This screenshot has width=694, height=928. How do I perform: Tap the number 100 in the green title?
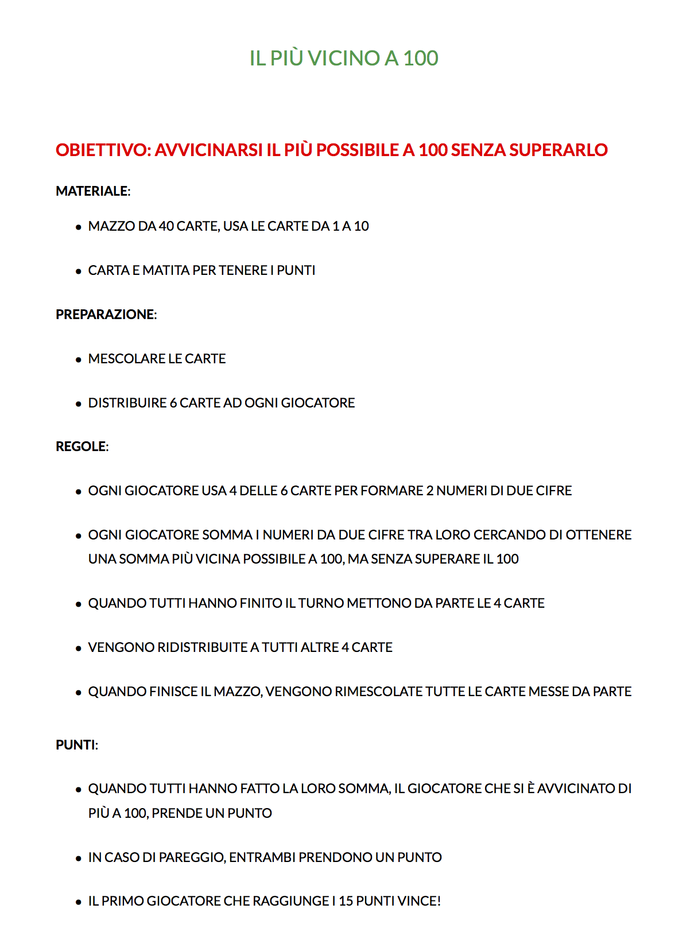(x=421, y=58)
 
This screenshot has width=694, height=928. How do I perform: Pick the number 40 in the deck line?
(x=166, y=226)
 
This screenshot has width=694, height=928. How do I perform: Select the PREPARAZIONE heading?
(x=106, y=314)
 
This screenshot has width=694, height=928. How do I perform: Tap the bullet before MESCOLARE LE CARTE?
(x=79, y=360)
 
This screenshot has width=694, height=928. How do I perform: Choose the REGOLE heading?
(x=82, y=446)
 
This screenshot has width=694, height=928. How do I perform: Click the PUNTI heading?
(x=77, y=745)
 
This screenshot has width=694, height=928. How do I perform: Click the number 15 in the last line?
(x=346, y=901)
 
